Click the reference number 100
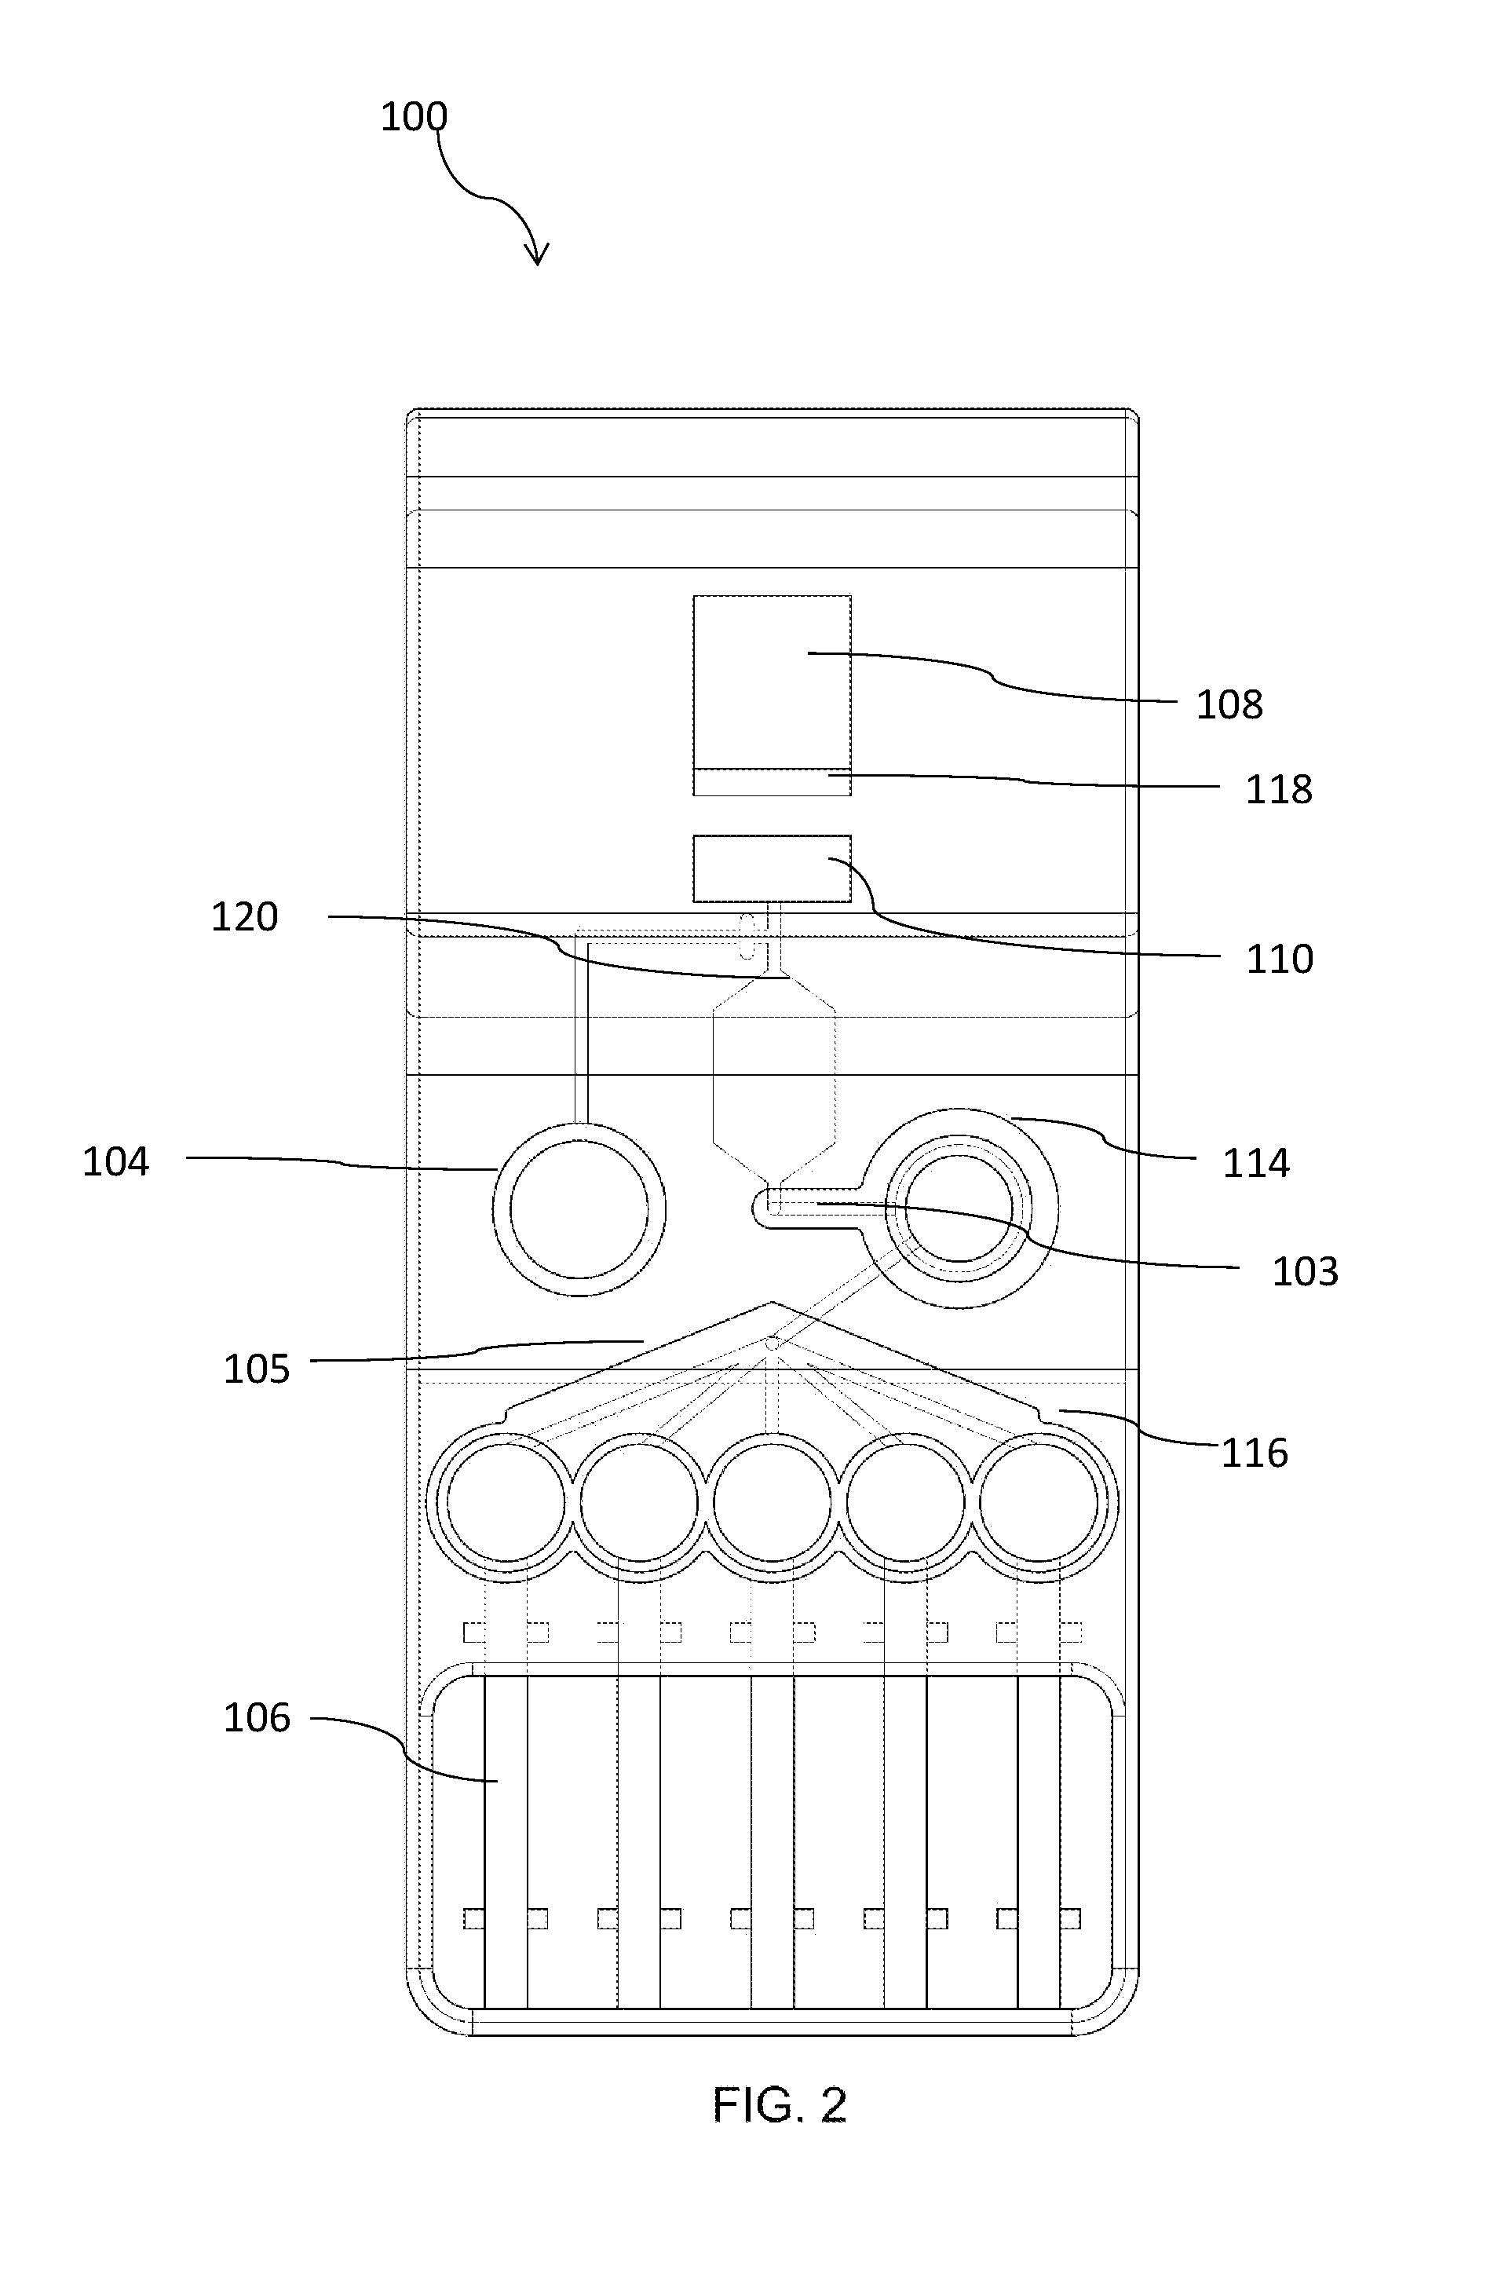(414, 116)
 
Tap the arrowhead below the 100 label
(537, 252)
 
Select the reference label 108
(1229, 705)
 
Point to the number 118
(1279, 790)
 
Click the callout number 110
(1279, 960)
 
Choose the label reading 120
(244, 917)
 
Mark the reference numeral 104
(115, 1162)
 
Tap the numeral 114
(1256, 1164)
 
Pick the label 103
(1305, 1272)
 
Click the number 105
(256, 1369)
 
